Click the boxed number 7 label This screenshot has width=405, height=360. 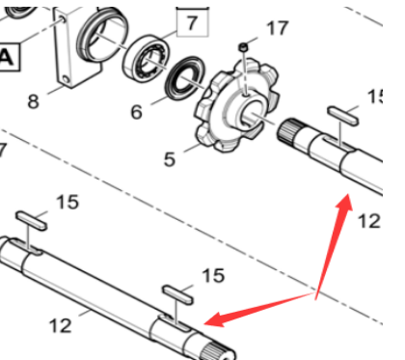point(192,23)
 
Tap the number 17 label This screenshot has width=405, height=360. point(278,28)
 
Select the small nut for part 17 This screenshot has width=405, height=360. point(243,47)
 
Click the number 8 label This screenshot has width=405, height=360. point(33,101)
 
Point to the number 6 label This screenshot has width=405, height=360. point(136,112)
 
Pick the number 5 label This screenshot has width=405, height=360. point(170,159)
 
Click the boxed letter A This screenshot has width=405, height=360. point(7,57)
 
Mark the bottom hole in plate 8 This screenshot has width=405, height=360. point(66,79)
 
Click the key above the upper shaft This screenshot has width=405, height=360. point(342,116)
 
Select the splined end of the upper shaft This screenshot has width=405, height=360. point(288,129)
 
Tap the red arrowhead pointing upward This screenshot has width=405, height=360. point(344,203)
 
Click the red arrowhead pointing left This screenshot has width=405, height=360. point(214,319)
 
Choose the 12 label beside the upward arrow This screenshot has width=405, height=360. point(369,221)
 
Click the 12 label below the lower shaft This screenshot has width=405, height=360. point(61,325)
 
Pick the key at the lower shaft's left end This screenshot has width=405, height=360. point(32,221)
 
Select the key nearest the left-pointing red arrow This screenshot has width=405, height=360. point(177,294)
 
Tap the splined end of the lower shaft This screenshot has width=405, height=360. point(219,351)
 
